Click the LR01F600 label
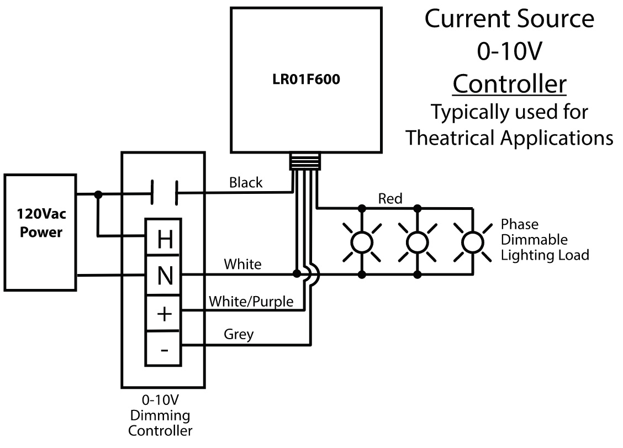[306, 79]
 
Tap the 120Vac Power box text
[41, 223]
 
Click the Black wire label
[246, 182]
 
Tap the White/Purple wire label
[251, 301]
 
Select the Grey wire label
[239, 334]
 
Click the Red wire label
[390, 198]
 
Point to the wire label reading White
[242, 264]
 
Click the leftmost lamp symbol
[362, 242]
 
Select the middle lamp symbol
[417, 242]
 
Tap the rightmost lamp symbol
[473, 242]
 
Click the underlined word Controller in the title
[509, 84]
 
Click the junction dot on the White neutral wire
[297, 274]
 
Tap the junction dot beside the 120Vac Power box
[98, 194]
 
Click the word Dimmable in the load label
[534, 240]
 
